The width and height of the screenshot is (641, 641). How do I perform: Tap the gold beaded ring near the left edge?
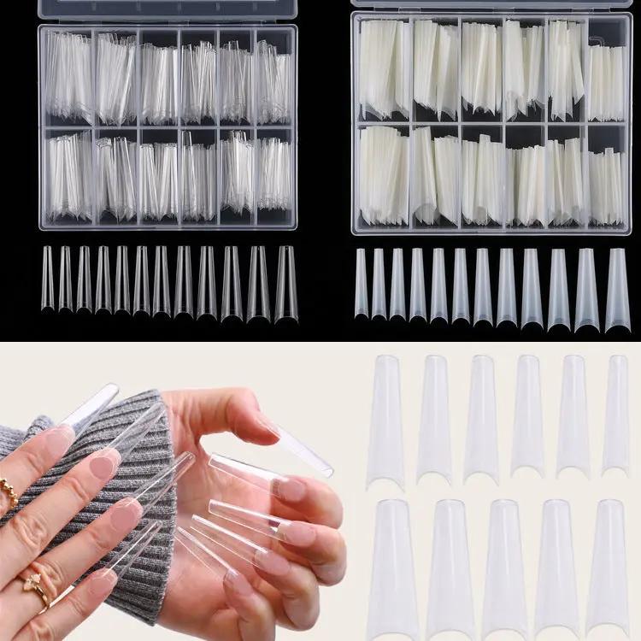tap(9, 491)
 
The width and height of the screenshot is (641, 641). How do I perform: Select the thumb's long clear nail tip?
tap(299, 449)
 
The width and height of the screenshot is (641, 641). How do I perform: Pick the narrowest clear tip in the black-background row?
tap(48, 279)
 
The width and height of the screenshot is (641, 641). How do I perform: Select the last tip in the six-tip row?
tap(615, 415)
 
